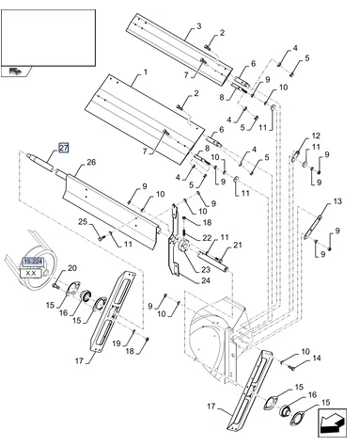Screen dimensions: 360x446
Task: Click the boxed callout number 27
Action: (x=64, y=148)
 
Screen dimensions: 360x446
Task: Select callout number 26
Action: (x=91, y=163)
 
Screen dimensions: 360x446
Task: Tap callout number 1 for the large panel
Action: (x=146, y=72)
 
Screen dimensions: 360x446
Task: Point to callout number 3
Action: (x=199, y=25)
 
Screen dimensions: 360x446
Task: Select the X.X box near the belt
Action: (x=31, y=273)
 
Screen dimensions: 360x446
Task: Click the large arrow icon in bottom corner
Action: (x=332, y=422)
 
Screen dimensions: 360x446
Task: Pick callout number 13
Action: (x=337, y=201)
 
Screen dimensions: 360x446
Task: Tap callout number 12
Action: (x=316, y=135)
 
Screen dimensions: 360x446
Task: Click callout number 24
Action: (x=206, y=280)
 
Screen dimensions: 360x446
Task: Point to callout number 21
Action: (x=238, y=245)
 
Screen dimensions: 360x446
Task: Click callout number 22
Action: (x=207, y=238)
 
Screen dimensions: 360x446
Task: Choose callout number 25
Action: (x=83, y=222)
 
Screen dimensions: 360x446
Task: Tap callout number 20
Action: (x=72, y=268)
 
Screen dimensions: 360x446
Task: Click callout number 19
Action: (x=117, y=343)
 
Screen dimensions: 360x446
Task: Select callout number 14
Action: (x=317, y=358)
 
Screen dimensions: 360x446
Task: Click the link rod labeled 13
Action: (x=312, y=227)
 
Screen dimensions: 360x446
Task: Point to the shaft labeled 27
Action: (x=39, y=162)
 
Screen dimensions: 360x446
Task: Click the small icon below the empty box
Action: (x=15, y=72)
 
